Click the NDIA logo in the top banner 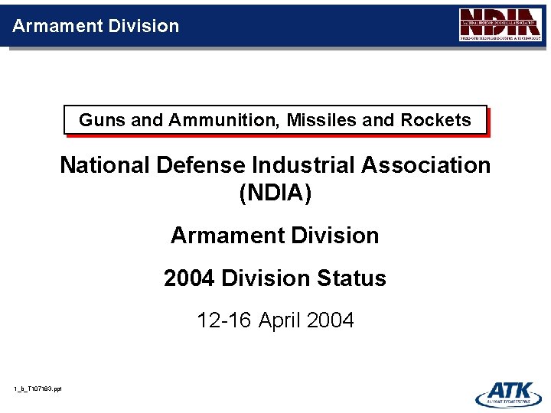(500, 25)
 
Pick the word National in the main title (104, 165)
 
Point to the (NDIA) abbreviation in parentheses (275, 193)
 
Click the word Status (354, 278)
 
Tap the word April (279, 320)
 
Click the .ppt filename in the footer (37, 389)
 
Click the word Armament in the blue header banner (56, 26)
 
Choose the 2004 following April (330, 320)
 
